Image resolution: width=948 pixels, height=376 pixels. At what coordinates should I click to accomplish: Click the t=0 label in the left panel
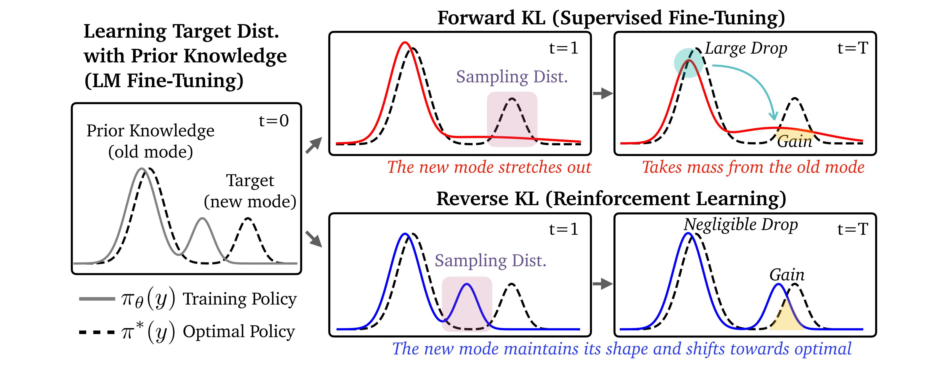[273, 121]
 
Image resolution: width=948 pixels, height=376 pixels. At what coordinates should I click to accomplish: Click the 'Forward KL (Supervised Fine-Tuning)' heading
[611, 18]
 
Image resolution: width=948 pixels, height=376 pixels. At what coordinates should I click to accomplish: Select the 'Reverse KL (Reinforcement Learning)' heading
[611, 199]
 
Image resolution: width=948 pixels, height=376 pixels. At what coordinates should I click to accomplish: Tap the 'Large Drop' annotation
[746, 49]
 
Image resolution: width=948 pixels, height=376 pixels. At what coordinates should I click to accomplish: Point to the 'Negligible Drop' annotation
[740, 225]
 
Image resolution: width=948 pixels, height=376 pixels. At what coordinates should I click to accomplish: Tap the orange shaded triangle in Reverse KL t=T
[786, 318]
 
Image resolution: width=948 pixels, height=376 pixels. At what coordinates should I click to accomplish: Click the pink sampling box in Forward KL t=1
[512, 119]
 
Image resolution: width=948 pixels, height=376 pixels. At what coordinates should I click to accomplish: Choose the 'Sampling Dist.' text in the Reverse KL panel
[490, 261]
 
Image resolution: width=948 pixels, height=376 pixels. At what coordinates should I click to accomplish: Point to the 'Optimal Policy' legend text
[239, 332]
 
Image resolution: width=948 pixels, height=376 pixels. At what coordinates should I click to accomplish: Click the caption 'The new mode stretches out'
[489, 167]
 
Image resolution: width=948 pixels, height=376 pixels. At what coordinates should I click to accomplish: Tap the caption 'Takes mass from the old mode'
[753, 167]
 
